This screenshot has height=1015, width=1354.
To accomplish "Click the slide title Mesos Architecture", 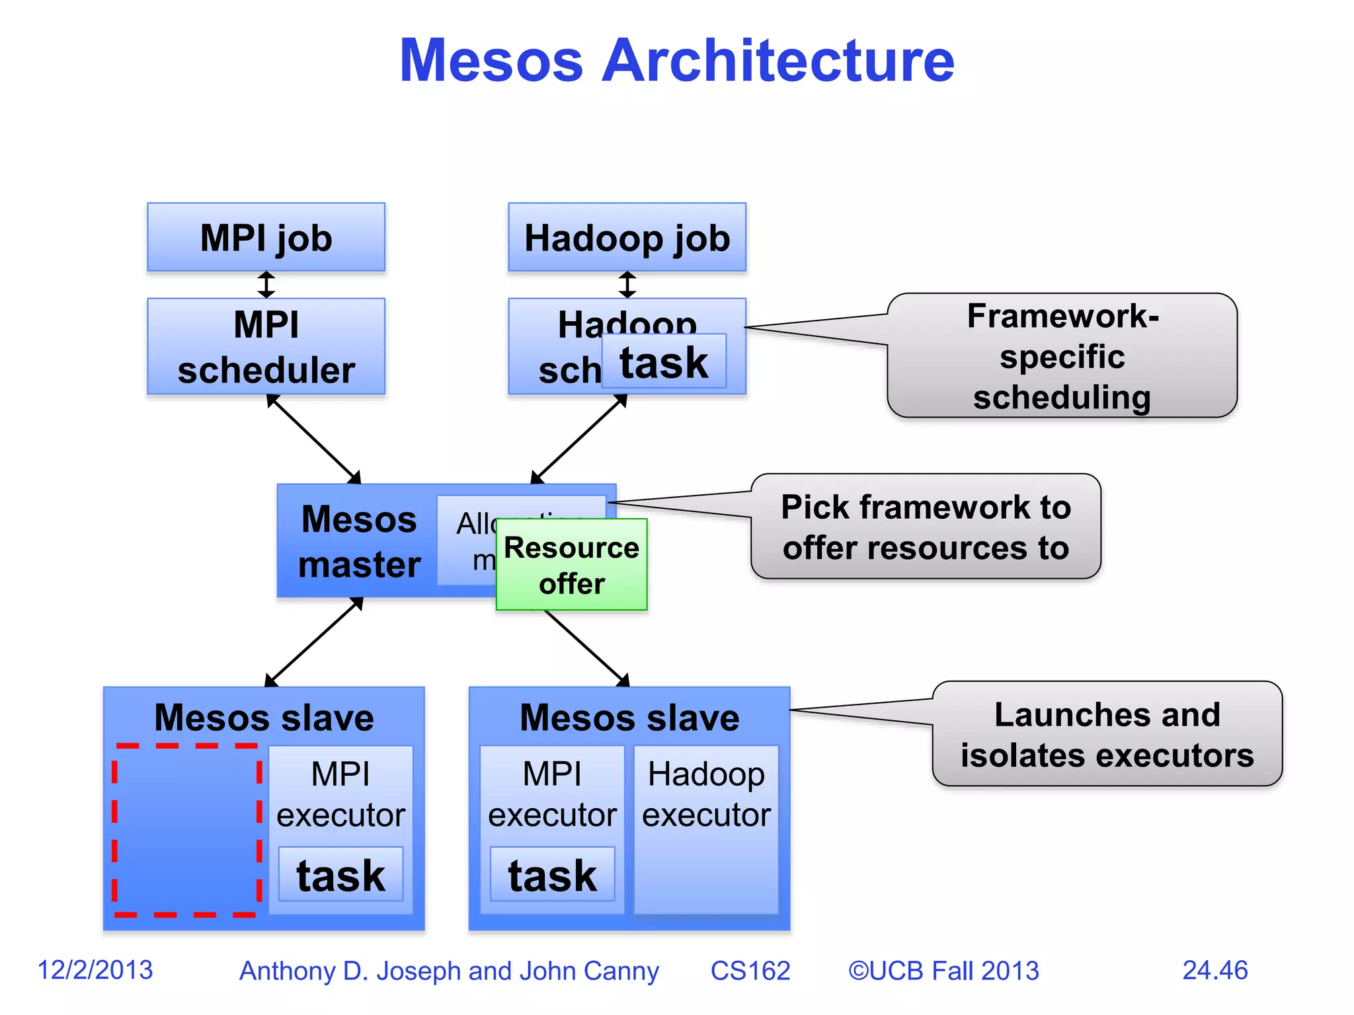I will click(677, 61).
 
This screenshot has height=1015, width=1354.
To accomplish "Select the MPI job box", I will click(266, 237).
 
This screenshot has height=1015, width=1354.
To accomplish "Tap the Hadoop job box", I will click(627, 237).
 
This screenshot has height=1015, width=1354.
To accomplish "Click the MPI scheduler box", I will click(266, 346).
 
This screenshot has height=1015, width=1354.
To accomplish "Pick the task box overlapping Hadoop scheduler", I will click(664, 361).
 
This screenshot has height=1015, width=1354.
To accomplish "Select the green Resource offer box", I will click(571, 564).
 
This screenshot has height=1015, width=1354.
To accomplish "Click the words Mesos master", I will click(359, 541).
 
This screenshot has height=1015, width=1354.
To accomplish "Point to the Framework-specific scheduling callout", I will click(1062, 356).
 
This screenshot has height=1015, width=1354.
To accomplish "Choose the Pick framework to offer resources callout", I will click(926, 527).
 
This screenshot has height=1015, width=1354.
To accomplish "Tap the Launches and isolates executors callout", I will click(1107, 734).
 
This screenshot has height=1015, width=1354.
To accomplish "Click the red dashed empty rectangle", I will click(186, 831).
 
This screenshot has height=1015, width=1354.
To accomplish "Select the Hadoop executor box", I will click(706, 829).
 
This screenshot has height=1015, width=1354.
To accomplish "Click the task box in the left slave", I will click(340, 875).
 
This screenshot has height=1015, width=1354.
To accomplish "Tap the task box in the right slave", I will click(552, 875).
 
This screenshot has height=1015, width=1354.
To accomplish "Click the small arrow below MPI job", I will click(266, 285).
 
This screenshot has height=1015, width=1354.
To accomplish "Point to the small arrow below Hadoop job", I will click(627, 285).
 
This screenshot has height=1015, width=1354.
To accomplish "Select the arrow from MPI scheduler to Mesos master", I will click(313, 439).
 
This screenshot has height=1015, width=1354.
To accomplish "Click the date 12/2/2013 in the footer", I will click(95, 970).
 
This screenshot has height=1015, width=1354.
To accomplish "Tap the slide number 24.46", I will click(1215, 970).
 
